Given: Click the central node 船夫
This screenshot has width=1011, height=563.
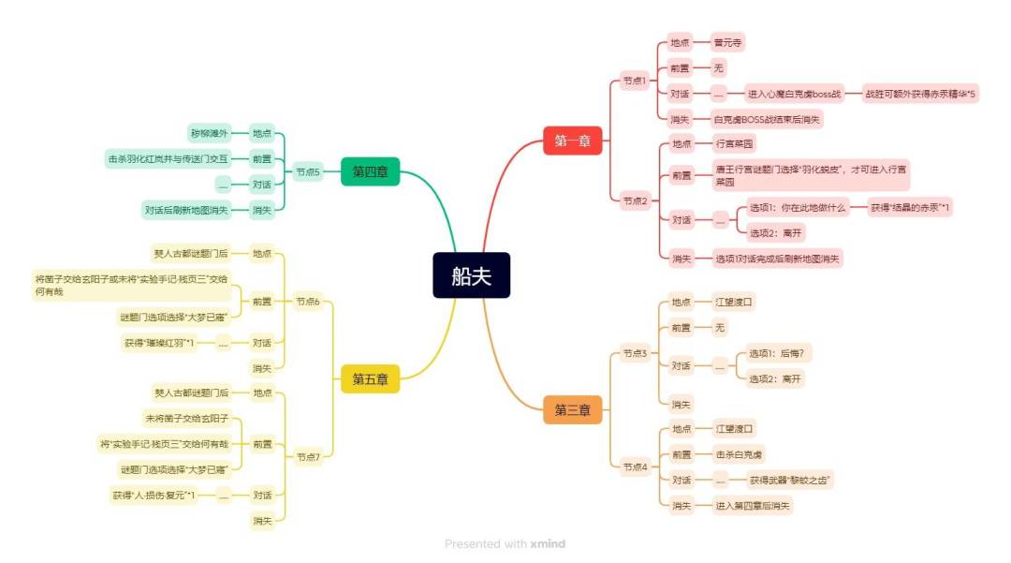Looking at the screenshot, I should click(471, 275).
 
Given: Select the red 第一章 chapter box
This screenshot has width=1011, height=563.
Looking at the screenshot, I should click(572, 141).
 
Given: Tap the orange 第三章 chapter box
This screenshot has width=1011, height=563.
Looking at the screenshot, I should click(572, 409).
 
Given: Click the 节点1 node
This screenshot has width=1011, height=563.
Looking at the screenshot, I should click(635, 81).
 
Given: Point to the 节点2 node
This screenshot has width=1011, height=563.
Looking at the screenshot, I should click(635, 200).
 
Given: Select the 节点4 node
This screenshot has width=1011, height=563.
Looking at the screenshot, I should click(635, 467).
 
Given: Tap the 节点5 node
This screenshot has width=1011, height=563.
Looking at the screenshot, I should click(308, 171).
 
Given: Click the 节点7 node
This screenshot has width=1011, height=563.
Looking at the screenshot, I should click(308, 457).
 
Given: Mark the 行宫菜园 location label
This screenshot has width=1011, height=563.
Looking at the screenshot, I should click(735, 144).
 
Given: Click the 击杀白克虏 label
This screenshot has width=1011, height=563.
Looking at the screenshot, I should click(739, 454).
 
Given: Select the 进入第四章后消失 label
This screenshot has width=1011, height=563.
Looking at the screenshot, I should click(752, 506).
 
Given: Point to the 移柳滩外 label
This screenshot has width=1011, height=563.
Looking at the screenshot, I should click(209, 133).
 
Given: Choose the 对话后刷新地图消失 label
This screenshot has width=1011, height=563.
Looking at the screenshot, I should click(186, 210).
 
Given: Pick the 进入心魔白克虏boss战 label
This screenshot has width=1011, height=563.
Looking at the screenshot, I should click(794, 94).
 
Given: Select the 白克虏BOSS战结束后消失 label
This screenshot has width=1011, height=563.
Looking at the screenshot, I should click(767, 120).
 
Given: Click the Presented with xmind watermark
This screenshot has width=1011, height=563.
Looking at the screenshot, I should click(505, 543).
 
